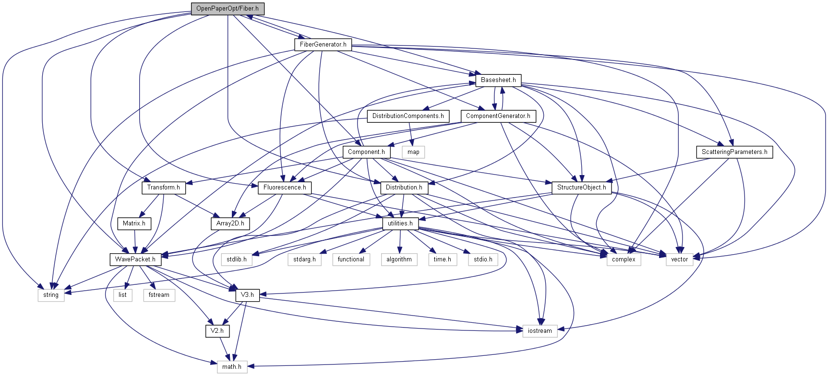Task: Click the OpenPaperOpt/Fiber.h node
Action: coord(228,9)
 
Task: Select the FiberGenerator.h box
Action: coord(323,45)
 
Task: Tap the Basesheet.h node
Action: coord(498,80)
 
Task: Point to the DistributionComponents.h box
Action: coord(408,116)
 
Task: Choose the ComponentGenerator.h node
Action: coord(498,116)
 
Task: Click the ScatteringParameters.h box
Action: coord(734,152)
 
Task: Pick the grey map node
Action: coord(413,152)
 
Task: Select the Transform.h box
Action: coord(163,188)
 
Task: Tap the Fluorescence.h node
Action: coord(285,188)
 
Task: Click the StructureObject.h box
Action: coord(581,188)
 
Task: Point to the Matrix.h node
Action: coord(134,223)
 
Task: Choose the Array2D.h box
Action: coord(230,223)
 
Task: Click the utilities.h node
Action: coord(400,223)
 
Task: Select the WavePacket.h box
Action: coord(135,259)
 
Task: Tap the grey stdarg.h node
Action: coord(304,259)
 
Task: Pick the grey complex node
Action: coord(624,259)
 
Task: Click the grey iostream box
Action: coord(540,331)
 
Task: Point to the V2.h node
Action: coord(217,331)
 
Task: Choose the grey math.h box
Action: coord(231,367)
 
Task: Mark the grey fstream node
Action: coord(158,295)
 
